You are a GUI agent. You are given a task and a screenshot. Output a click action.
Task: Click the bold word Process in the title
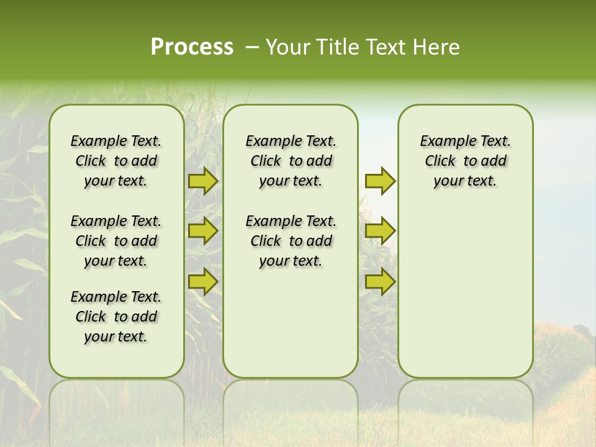(192, 47)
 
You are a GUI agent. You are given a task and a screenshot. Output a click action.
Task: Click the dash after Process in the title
(252, 48)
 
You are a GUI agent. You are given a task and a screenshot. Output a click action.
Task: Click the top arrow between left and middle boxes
(202, 181)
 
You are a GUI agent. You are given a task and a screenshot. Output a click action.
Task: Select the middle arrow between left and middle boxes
(202, 231)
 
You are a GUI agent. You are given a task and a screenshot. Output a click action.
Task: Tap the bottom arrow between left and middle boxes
(202, 281)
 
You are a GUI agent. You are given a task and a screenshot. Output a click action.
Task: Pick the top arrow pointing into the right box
(380, 181)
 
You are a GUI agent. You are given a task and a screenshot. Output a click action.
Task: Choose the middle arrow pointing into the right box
(380, 231)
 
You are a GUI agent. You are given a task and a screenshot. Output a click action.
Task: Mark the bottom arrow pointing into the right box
(380, 281)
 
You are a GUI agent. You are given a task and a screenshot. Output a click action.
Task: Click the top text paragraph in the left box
(116, 161)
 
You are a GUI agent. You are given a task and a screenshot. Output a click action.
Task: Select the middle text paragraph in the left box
(116, 241)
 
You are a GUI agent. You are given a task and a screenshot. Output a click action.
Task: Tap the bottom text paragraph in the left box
(116, 317)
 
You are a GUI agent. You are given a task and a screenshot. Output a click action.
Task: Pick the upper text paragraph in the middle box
(291, 161)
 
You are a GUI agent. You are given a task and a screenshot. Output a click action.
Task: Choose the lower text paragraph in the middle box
(291, 241)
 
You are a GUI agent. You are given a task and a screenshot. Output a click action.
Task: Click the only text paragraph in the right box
(465, 161)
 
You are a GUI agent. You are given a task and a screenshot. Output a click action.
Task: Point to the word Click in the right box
(440, 161)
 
